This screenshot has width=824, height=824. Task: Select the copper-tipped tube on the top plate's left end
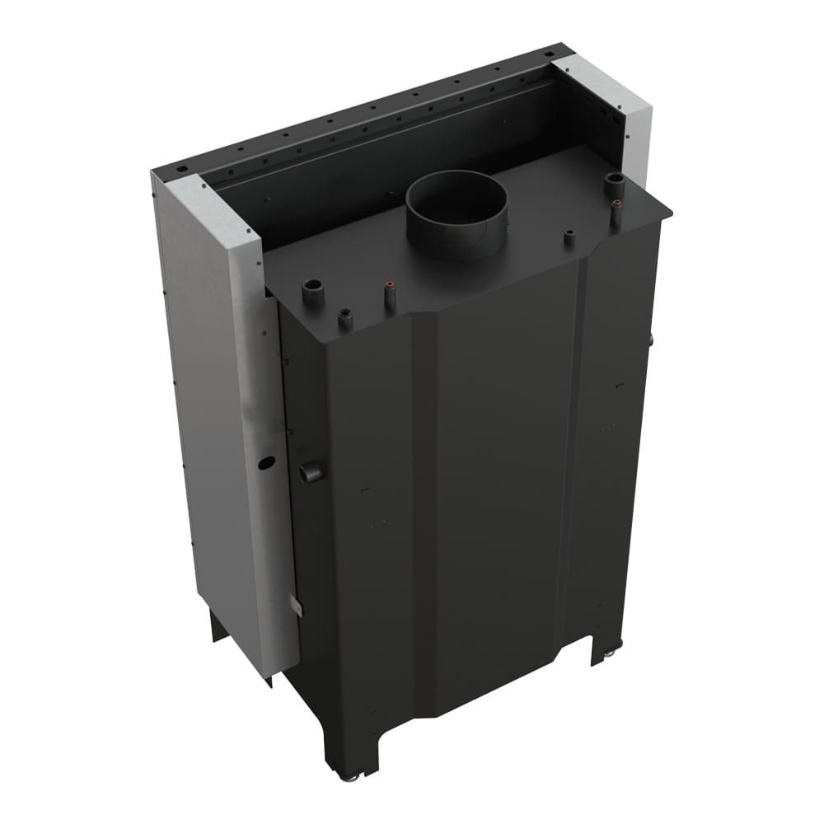[x=390, y=295]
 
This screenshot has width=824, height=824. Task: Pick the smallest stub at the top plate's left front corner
[x=345, y=320]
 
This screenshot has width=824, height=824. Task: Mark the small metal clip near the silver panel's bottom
[x=297, y=608]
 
